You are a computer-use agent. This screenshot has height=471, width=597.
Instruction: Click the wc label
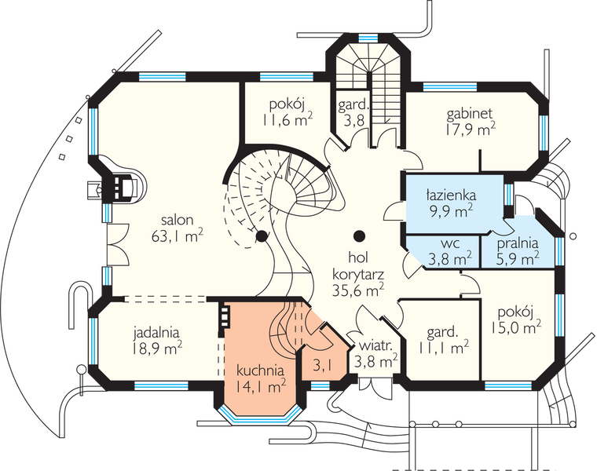tap(449, 242)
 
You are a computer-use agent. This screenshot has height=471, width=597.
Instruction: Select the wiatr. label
tap(377, 345)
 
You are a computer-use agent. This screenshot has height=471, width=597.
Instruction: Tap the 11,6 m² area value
tap(288, 120)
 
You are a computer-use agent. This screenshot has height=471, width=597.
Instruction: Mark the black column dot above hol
tap(359, 235)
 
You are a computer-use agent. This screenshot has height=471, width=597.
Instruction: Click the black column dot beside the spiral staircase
tap(261, 235)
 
